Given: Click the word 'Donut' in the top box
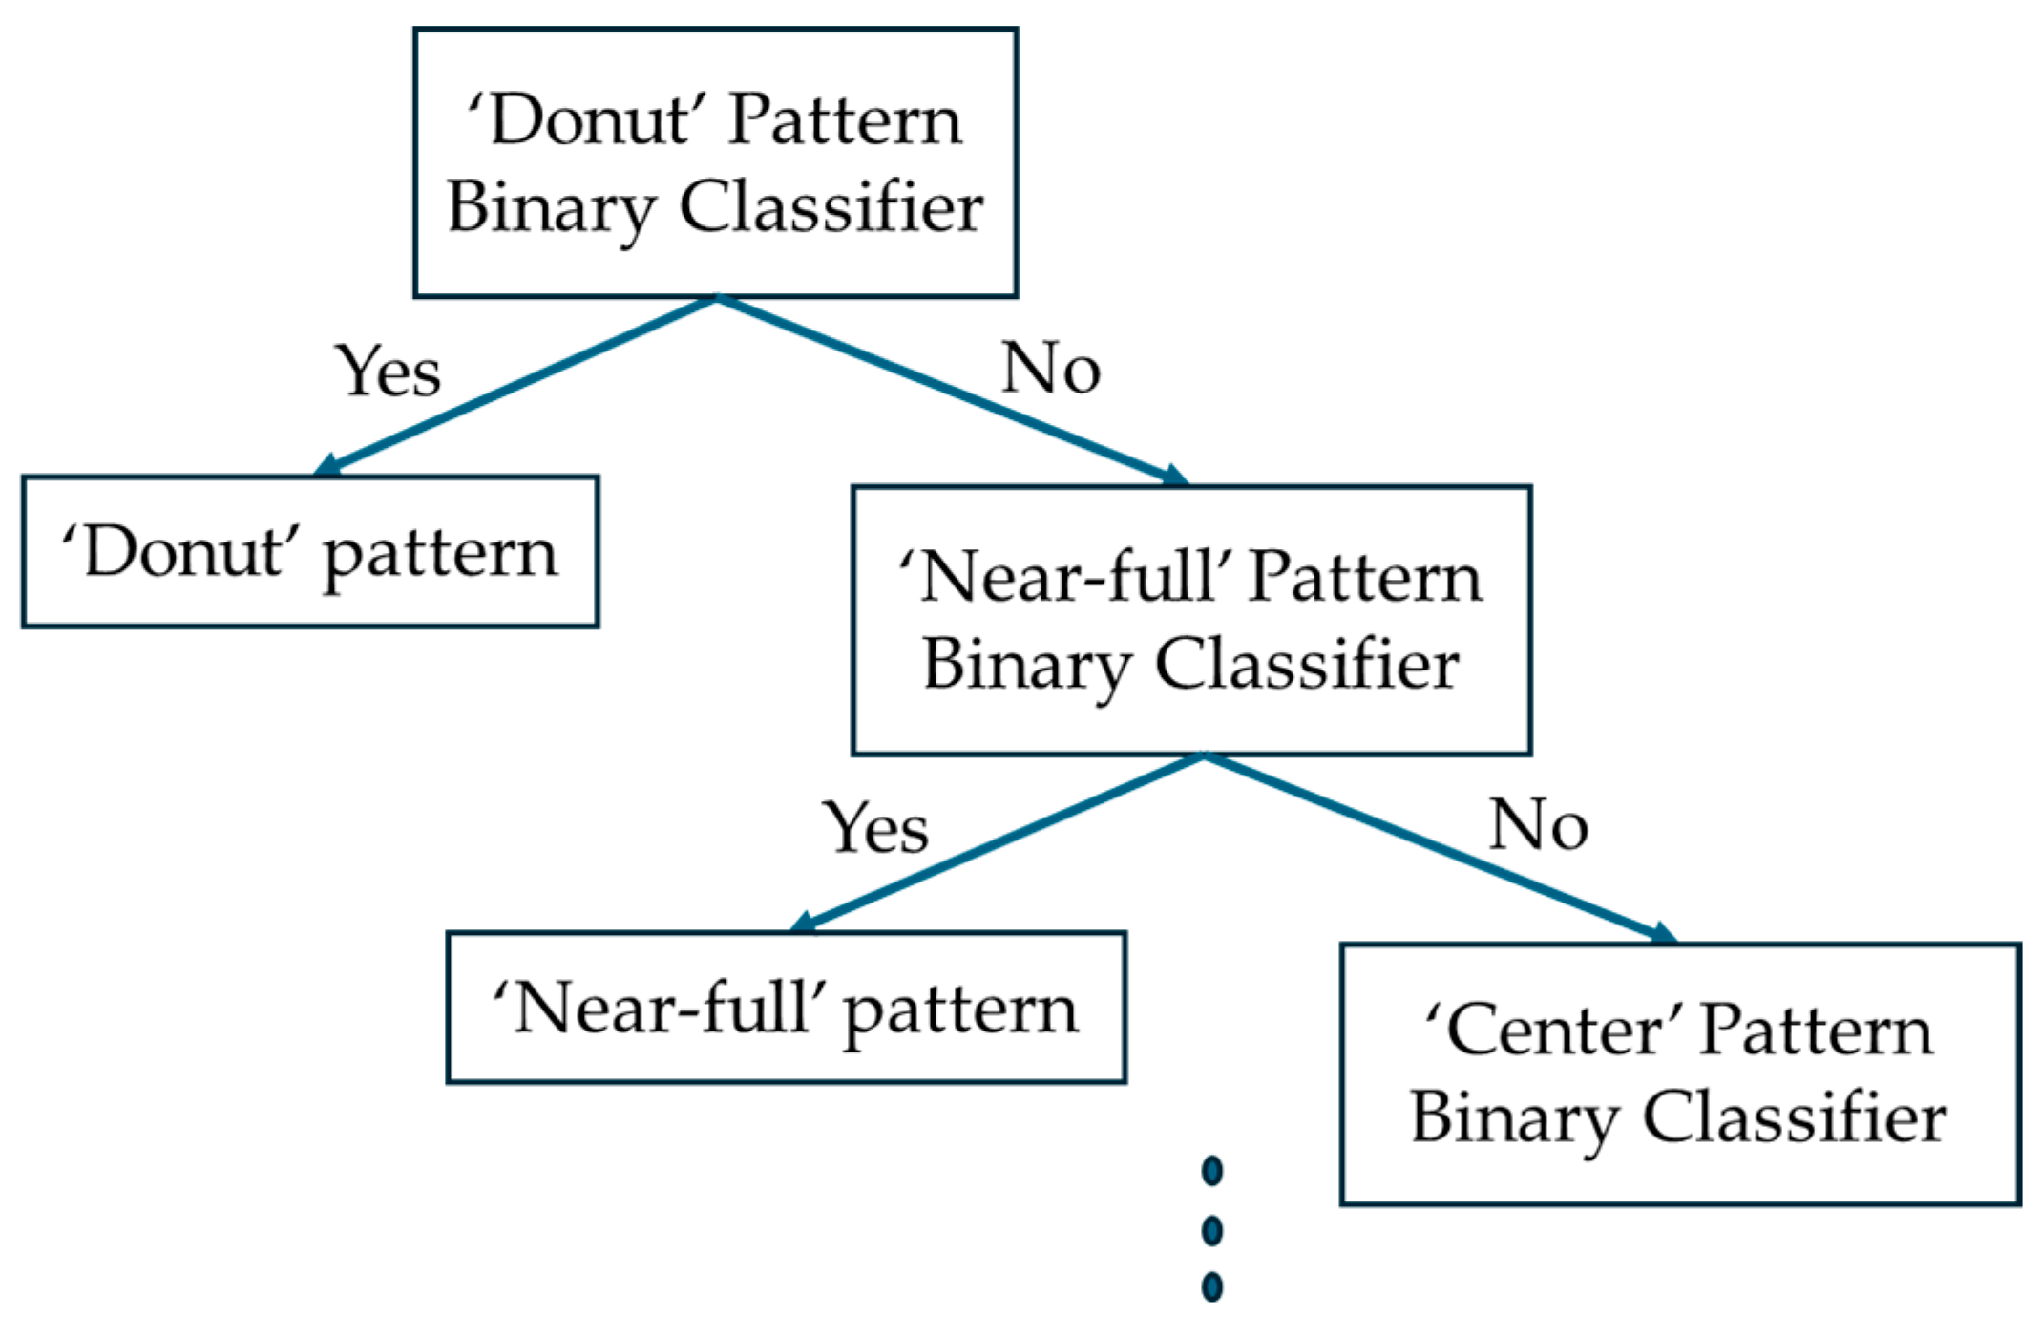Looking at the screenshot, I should [x=591, y=120].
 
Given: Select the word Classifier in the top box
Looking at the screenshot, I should [x=831, y=207].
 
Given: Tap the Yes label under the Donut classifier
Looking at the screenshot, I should [x=389, y=372].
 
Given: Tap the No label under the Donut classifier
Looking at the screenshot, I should [x=1050, y=369].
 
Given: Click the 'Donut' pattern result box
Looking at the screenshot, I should [x=310, y=552].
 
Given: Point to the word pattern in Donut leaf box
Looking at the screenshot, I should [x=440, y=556].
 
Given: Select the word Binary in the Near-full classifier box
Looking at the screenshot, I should [x=1026, y=666].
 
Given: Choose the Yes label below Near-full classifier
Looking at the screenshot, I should [x=875, y=828].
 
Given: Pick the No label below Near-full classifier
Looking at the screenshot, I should [x=1538, y=825].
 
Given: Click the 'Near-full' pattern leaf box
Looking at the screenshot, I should [x=786, y=1008].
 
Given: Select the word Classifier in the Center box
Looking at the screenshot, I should [x=1794, y=1118].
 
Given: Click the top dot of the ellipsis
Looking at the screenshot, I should [x=1212, y=1171].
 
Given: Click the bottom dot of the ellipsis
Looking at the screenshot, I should [x=1212, y=1286].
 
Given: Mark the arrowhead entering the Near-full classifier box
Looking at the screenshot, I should [x=1177, y=477].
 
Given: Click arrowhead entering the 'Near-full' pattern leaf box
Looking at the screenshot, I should [x=803, y=924].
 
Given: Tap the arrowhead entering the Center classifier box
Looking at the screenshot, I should [x=1665, y=934].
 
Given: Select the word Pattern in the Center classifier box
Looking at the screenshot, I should [x=1816, y=1031].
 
